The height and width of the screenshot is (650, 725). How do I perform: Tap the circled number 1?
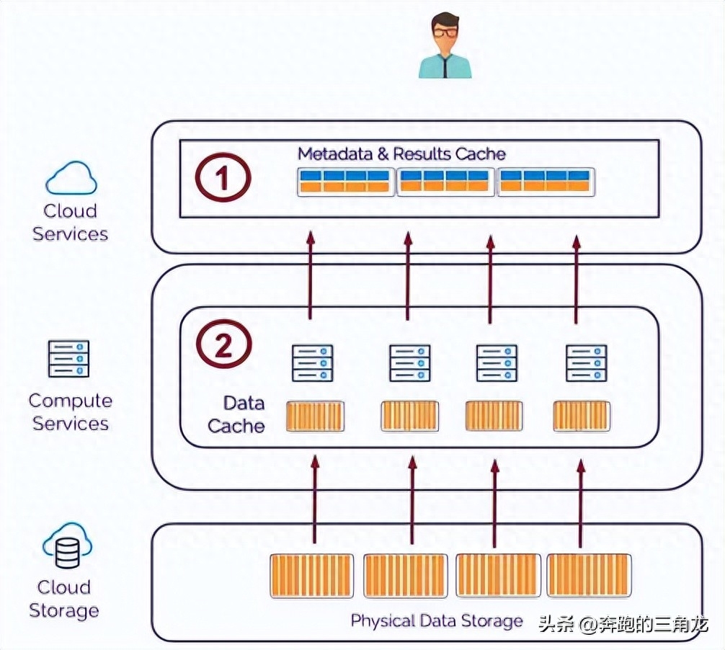[223, 178]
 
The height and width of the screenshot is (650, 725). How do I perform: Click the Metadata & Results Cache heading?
[401, 153]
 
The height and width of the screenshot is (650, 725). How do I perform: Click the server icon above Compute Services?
[69, 359]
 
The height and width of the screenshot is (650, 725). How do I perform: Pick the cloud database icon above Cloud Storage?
[66, 547]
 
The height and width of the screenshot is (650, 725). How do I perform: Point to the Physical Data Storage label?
[437, 620]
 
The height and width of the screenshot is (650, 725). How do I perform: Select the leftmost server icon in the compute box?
[312, 362]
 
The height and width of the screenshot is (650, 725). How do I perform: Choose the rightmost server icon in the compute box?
[586, 362]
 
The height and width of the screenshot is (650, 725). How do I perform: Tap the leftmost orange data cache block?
[315, 417]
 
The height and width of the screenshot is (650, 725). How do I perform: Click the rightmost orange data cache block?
[582, 416]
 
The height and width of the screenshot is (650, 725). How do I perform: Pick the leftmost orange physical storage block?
[311, 575]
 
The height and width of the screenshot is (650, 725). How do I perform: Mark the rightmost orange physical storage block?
[589, 575]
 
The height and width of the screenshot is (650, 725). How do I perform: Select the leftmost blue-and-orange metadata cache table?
[346, 182]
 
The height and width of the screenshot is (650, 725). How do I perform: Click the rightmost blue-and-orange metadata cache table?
[546, 182]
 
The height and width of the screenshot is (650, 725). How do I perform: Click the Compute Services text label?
[70, 412]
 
